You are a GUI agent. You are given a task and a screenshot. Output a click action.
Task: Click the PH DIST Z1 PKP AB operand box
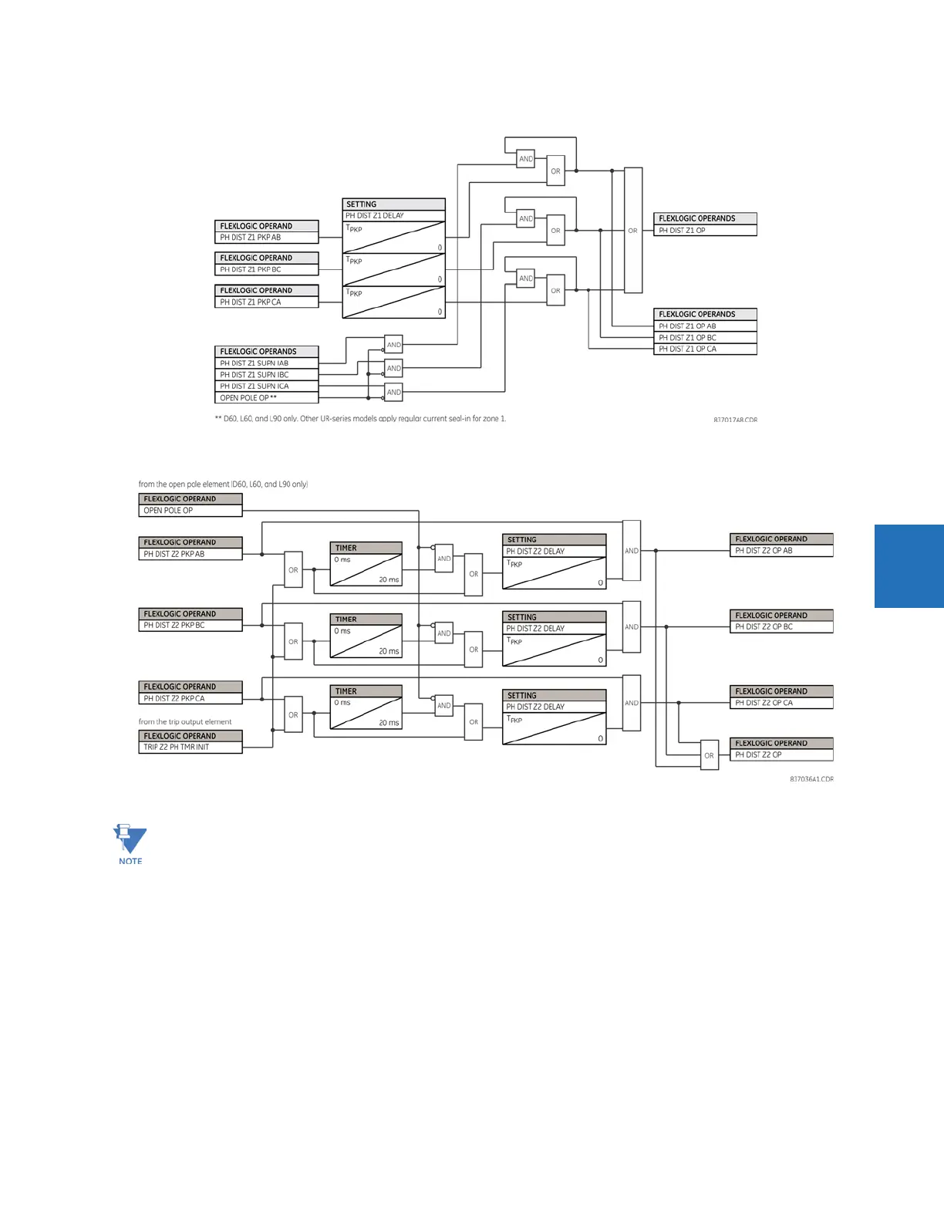click(x=266, y=238)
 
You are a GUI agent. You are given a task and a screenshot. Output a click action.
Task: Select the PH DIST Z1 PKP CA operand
click(x=266, y=302)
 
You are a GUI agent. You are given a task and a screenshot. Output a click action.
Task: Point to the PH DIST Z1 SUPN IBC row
click(x=266, y=375)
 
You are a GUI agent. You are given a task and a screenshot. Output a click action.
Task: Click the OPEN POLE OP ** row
click(x=266, y=398)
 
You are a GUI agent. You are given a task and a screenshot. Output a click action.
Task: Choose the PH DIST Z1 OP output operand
click(x=705, y=231)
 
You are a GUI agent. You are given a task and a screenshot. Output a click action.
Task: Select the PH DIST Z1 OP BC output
click(x=705, y=338)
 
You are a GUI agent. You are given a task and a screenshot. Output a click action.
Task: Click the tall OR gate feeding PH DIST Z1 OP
click(x=633, y=230)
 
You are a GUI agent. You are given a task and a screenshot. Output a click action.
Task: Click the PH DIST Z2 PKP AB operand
click(x=190, y=554)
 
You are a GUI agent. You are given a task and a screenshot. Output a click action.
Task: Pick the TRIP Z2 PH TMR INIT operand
click(x=190, y=748)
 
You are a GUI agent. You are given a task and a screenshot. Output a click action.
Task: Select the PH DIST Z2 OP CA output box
click(x=781, y=703)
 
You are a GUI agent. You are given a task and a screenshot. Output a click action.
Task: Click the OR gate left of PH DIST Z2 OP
click(x=710, y=755)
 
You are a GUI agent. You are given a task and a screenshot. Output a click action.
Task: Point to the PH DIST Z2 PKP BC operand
click(x=190, y=626)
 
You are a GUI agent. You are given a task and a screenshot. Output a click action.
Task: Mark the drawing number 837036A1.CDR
click(x=811, y=779)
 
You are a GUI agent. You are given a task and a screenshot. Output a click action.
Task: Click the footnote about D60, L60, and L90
click(x=360, y=419)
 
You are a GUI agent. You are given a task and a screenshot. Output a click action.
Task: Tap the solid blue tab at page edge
click(x=909, y=566)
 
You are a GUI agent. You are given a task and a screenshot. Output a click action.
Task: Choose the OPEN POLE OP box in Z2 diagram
click(x=190, y=511)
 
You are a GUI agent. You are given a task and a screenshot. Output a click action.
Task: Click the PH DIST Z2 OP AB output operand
click(x=781, y=551)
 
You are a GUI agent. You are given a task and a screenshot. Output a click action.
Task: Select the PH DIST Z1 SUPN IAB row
click(x=266, y=363)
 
